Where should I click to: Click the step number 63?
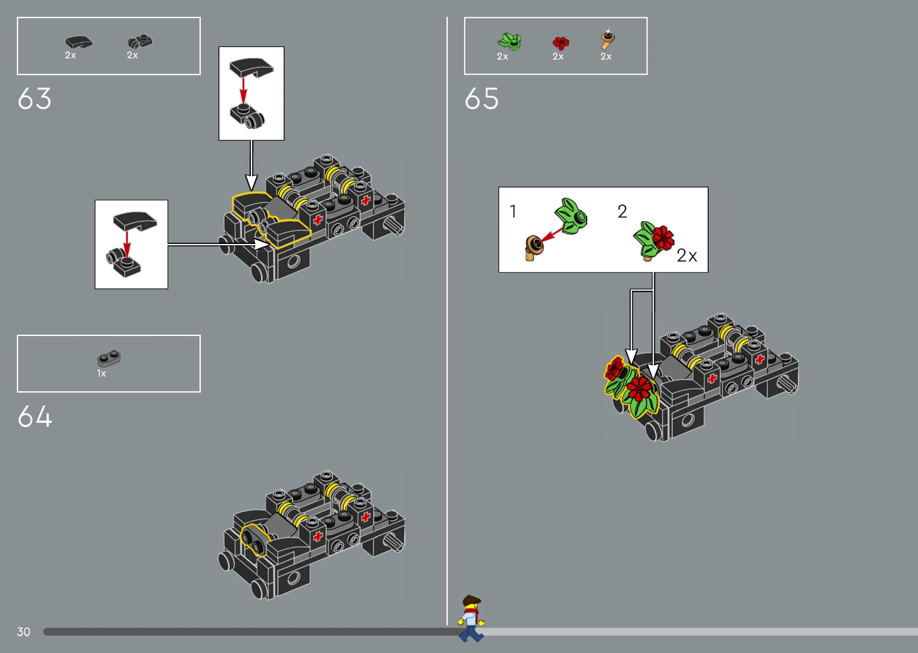click(x=35, y=98)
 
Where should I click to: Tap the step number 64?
click(x=35, y=416)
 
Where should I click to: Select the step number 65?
click(x=481, y=98)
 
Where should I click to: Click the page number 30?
click(x=23, y=632)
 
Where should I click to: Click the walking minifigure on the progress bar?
click(x=471, y=618)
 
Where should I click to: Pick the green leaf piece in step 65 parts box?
click(x=510, y=41)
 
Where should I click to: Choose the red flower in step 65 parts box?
click(x=561, y=43)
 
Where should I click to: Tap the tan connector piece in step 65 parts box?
click(x=608, y=40)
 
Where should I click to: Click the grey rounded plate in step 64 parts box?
click(x=109, y=358)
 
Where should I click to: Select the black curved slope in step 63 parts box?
click(x=79, y=42)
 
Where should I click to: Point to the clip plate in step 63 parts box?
click(x=140, y=41)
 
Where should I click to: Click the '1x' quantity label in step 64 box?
click(x=101, y=374)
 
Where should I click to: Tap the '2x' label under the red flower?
click(x=558, y=57)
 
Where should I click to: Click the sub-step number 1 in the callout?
click(x=513, y=211)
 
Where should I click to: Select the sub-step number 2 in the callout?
click(x=622, y=211)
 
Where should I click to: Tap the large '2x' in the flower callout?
click(x=687, y=256)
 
